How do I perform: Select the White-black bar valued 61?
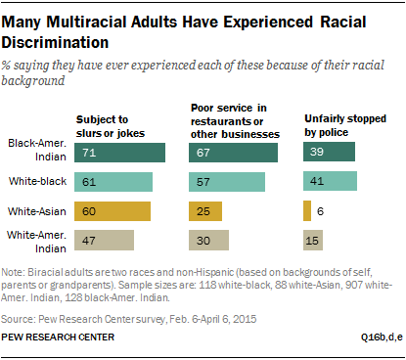pyautogui.click(x=113, y=182)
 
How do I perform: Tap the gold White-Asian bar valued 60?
pyautogui.click(x=113, y=210)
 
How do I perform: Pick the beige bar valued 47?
pyautogui.click(x=105, y=239)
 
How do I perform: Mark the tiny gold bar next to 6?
pyautogui.click(x=307, y=210)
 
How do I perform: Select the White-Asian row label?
pyautogui.click(x=38, y=210)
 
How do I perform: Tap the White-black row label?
pyautogui.click(x=40, y=182)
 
